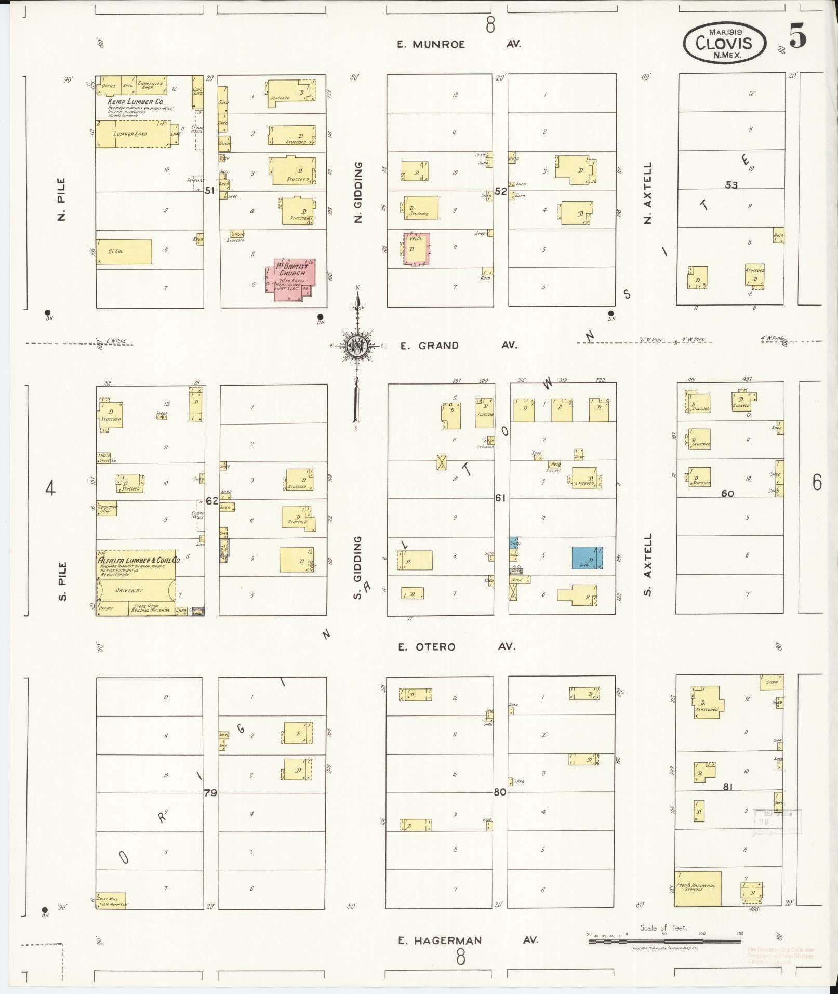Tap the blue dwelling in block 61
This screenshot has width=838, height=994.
click(587, 558)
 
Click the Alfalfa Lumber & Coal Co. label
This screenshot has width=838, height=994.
click(138, 561)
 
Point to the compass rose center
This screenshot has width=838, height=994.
click(357, 345)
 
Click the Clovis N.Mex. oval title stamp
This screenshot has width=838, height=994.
click(724, 43)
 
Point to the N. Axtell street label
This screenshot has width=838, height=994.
click(647, 193)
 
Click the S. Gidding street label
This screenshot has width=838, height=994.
click(357, 567)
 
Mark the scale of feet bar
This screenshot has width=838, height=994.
click(665, 940)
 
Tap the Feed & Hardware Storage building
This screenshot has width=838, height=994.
click(698, 888)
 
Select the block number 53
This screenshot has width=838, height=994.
click(731, 185)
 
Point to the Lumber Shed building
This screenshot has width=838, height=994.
click(133, 134)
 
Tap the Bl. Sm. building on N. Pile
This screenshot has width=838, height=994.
click(124, 251)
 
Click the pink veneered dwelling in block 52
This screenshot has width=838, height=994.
click(416, 249)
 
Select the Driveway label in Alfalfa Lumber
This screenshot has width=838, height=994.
click(129, 590)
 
